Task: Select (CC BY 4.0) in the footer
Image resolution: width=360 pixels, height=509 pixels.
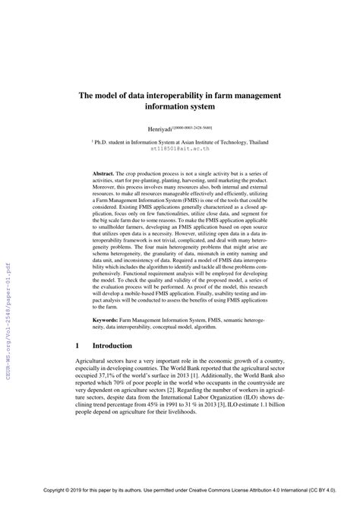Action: pos(322,501)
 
